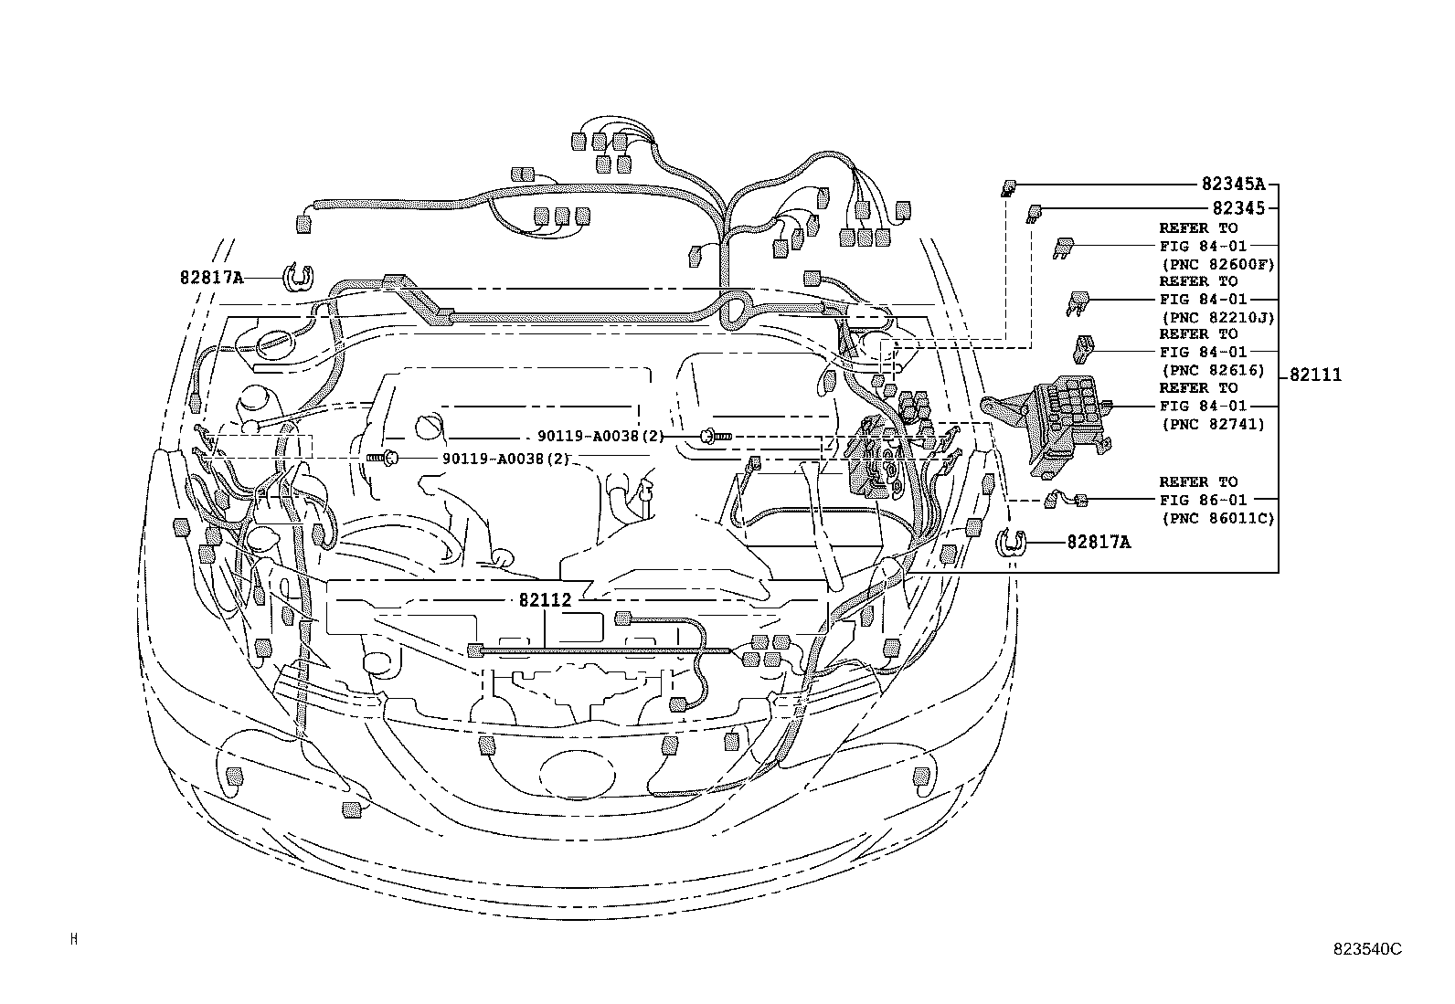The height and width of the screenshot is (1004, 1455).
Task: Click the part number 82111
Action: coord(1316,375)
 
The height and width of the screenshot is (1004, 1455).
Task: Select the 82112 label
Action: coord(545,600)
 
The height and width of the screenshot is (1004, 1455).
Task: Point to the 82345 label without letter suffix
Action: coord(1238,208)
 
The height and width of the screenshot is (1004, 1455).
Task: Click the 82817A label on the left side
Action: coord(212,277)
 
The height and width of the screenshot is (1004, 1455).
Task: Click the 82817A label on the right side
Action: coord(1099,543)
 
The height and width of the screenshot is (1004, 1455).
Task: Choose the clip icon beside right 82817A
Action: coord(1011,543)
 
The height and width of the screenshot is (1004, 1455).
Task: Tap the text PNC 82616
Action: coord(1212,370)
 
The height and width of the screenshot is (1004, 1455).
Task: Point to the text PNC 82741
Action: coord(1212,424)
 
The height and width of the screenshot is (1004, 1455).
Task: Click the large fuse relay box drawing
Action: coord(1060,426)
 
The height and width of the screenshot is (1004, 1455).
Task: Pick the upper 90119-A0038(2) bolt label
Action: coord(600,437)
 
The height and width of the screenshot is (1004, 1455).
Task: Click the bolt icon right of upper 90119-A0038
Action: coord(716,438)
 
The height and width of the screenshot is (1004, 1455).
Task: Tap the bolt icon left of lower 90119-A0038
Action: coord(382,457)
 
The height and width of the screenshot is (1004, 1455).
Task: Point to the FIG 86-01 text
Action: coord(1203,500)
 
